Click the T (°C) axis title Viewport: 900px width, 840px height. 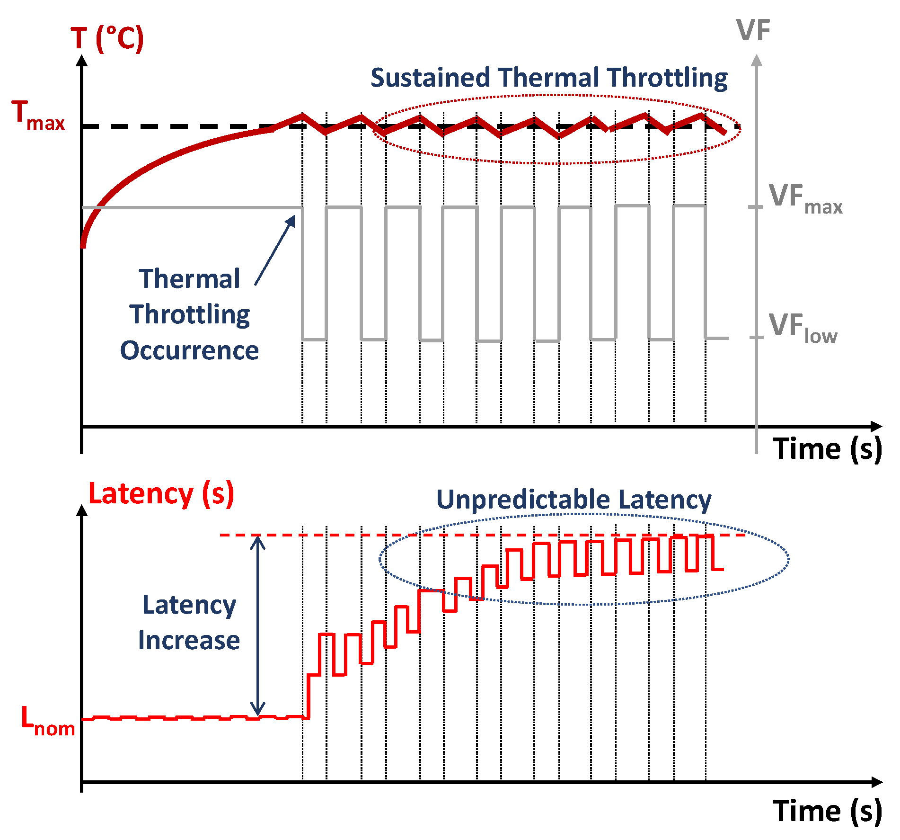(x=107, y=39)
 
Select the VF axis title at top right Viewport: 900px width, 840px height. (x=753, y=31)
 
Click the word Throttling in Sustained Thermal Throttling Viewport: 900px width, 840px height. (x=667, y=79)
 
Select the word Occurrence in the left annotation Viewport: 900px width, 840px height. (x=189, y=351)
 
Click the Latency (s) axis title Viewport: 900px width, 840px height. (x=161, y=494)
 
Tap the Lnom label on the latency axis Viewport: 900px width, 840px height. (x=47, y=721)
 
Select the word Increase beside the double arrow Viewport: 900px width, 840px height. (x=189, y=640)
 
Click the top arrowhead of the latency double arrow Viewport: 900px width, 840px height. (x=257, y=540)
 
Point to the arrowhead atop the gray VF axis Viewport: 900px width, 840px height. (x=757, y=60)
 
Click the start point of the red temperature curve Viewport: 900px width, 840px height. (x=83, y=245)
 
